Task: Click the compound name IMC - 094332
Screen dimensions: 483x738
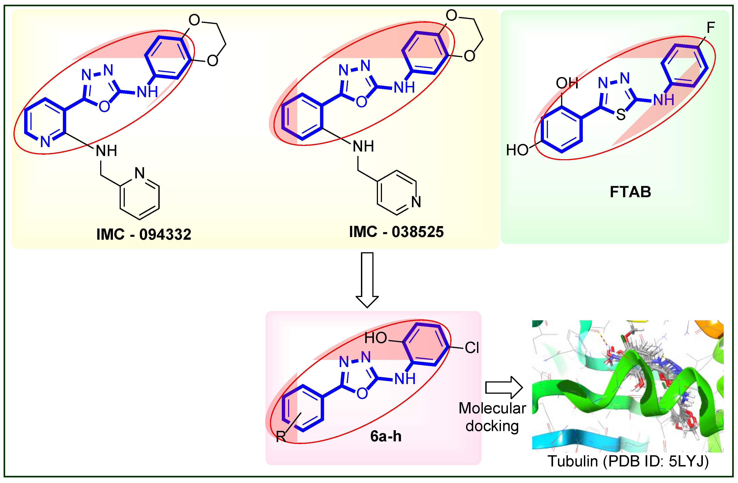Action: click(x=144, y=234)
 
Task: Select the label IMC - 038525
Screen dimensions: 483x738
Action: click(x=396, y=232)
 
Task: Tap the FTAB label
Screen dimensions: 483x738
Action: click(x=630, y=192)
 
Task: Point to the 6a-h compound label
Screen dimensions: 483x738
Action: click(x=386, y=436)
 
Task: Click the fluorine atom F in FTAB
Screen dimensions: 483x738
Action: click(x=711, y=28)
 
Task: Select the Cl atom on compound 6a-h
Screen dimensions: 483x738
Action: click(x=472, y=348)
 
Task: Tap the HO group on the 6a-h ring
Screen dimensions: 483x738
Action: click(x=375, y=338)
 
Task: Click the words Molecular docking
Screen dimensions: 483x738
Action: click(x=492, y=417)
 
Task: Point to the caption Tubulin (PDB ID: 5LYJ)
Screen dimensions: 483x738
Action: click(x=628, y=461)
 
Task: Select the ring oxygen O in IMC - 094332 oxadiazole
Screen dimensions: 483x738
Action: click(x=104, y=107)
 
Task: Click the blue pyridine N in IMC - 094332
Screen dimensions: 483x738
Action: click(x=45, y=142)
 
